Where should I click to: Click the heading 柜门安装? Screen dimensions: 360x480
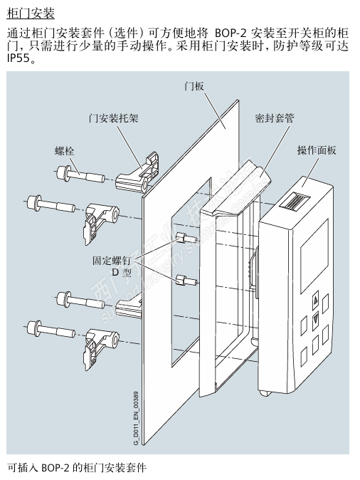31,14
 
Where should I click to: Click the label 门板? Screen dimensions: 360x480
194,86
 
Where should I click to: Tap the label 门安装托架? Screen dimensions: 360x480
113,118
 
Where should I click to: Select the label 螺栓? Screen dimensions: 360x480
64,151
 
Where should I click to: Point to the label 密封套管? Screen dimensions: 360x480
275,118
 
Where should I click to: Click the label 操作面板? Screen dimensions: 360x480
317,150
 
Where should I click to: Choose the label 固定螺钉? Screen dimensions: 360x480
112,261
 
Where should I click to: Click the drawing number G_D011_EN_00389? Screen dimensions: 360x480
136,418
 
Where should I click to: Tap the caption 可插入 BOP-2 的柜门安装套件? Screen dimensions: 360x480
77,468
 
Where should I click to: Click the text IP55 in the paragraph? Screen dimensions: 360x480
18,58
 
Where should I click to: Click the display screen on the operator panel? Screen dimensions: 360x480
314,256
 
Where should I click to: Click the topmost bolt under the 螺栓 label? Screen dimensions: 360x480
80,174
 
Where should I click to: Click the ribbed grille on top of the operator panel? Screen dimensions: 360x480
295,202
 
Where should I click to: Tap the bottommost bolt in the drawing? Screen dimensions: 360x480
51,329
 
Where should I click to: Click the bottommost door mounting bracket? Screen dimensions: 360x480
100,345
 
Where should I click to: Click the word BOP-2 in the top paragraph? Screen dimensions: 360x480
231,33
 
